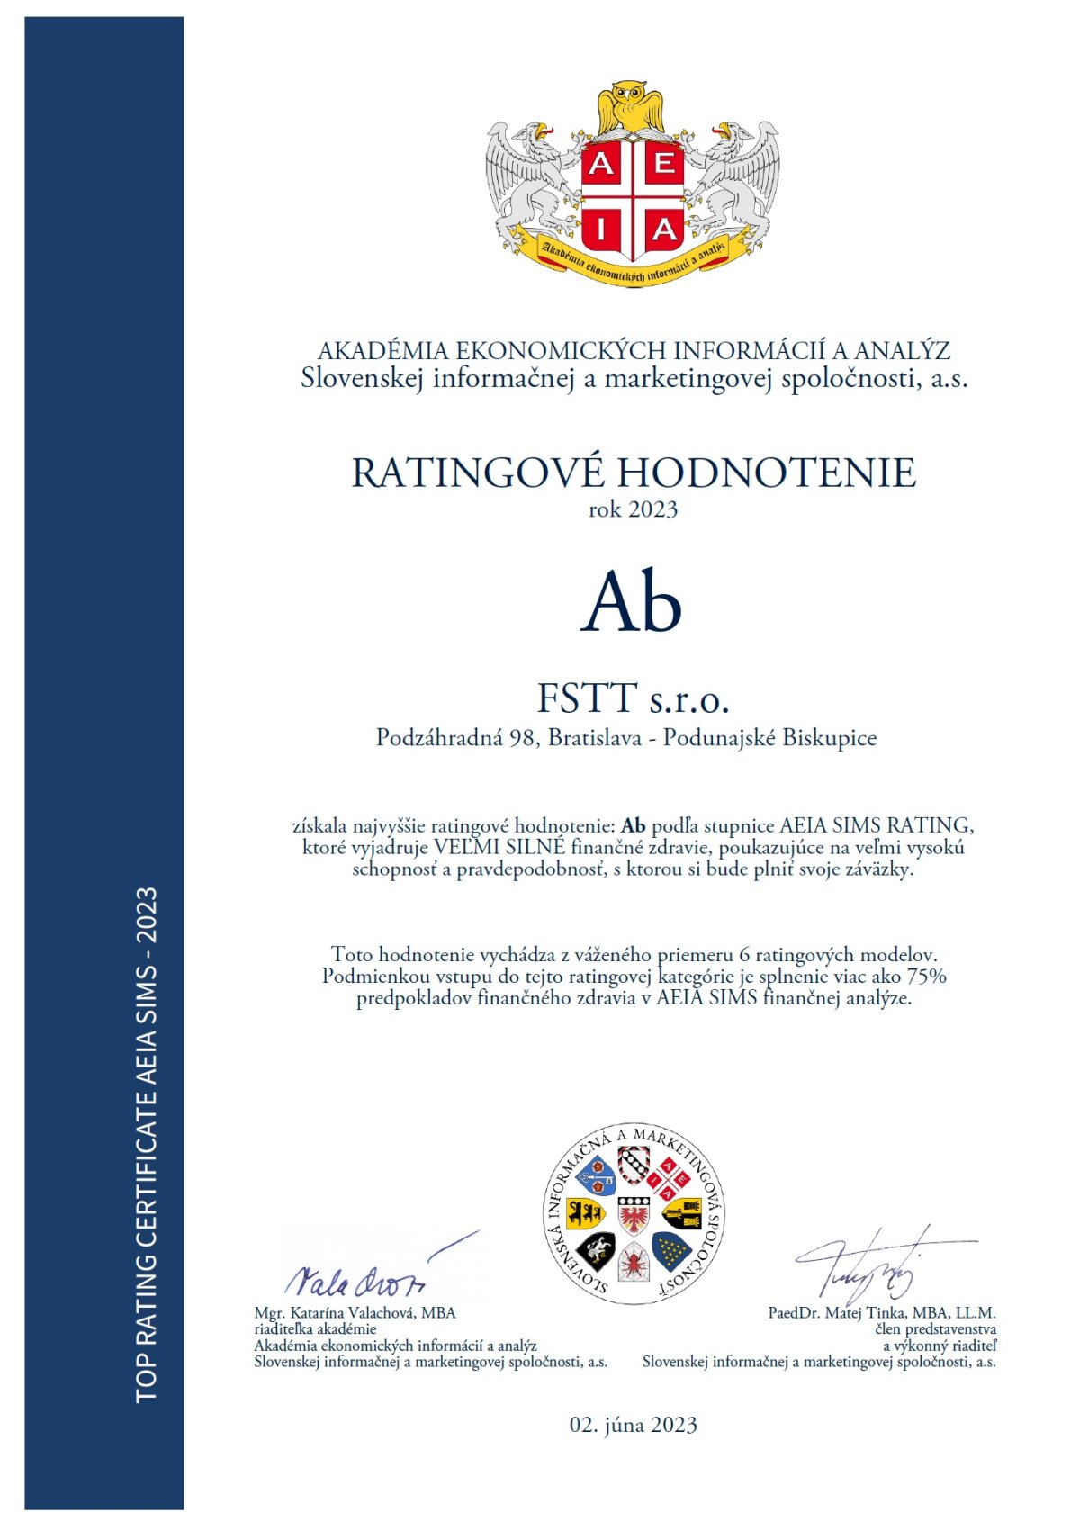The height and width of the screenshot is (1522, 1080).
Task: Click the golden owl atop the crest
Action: point(634,106)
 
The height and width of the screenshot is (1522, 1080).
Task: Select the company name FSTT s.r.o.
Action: point(633,698)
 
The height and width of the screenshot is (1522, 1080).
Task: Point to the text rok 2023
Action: point(633,509)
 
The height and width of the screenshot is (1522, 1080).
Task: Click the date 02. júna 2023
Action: point(633,1425)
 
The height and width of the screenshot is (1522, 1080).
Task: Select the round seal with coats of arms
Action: point(634,1213)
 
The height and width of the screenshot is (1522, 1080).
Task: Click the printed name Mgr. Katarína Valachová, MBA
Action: point(355,1313)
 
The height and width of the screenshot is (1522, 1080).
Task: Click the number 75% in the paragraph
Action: point(926,977)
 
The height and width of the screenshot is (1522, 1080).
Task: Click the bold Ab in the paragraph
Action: point(634,825)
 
